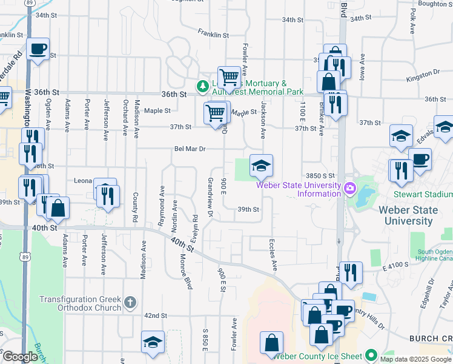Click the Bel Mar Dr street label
[190, 149]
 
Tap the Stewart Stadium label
[423, 195]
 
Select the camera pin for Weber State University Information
[349, 189]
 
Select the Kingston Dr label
[423, 73]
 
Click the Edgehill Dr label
[431, 293]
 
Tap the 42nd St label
[155, 315]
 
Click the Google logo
[20, 357]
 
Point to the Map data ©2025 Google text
[416, 359]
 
